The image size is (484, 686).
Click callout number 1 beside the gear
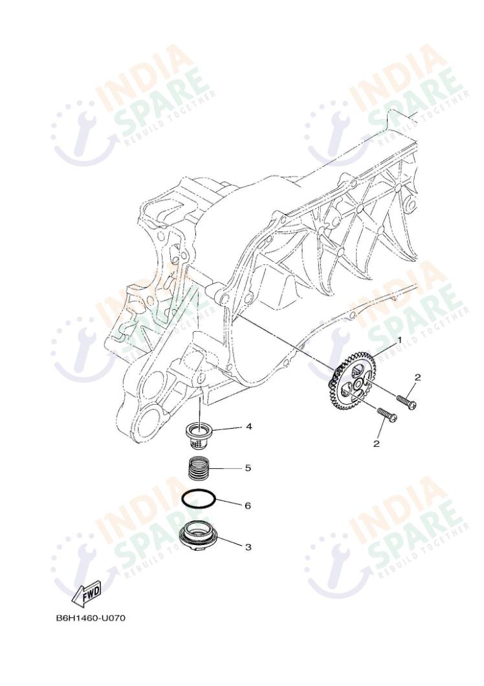click(399, 339)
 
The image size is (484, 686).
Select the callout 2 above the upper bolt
click(417, 377)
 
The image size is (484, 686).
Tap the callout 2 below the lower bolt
click(376, 444)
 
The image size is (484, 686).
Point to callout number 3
click(248, 546)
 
